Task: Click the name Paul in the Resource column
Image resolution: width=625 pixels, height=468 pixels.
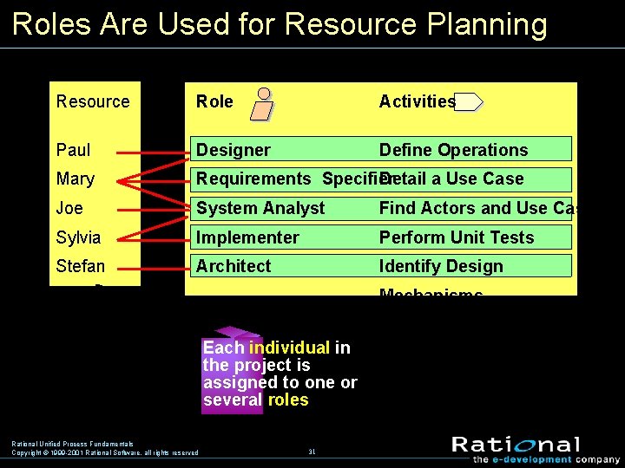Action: [x=73, y=150]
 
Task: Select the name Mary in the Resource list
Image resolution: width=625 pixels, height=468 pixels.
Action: [x=75, y=179]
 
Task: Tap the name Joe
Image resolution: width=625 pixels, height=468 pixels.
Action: [x=69, y=208]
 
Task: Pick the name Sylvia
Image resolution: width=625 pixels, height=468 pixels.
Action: [x=78, y=237]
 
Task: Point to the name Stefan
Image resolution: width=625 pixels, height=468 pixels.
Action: [x=80, y=266]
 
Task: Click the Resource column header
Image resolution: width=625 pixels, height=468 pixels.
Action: [x=92, y=101]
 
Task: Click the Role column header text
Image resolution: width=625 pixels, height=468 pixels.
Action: [x=214, y=101]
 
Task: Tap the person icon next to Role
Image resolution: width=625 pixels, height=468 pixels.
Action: [x=261, y=104]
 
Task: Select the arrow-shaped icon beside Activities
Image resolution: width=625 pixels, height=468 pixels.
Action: [x=469, y=102]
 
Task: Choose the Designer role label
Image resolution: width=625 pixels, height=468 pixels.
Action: [x=233, y=150]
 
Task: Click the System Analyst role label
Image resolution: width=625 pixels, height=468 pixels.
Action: [x=260, y=208]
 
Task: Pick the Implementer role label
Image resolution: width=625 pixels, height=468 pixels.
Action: [x=247, y=237]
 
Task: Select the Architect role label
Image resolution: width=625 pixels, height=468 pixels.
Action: [x=234, y=266]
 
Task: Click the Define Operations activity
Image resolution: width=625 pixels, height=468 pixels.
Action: [x=453, y=150]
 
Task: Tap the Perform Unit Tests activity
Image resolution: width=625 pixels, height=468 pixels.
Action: [x=457, y=237]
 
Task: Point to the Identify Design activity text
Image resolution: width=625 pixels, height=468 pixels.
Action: [x=441, y=266]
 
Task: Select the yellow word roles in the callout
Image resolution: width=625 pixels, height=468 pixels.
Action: [x=288, y=400]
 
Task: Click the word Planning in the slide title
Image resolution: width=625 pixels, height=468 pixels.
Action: [x=491, y=24]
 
